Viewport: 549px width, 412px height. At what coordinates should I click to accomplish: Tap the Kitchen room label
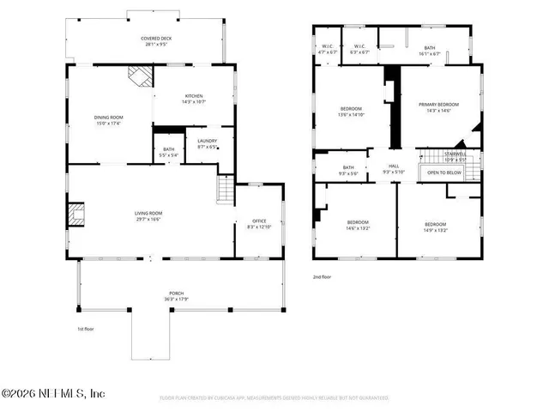[x=194, y=99]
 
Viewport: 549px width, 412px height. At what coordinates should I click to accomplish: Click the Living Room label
[x=148, y=216]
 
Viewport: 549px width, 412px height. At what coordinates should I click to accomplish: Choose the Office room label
[x=259, y=223]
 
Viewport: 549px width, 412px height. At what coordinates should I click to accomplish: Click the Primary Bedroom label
[x=438, y=107]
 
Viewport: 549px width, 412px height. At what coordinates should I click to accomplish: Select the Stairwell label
[x=443, y=157]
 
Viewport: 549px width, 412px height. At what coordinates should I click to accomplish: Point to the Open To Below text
[x=444, y=173]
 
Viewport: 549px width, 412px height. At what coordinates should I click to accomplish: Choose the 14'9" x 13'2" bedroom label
[x=436, y=227]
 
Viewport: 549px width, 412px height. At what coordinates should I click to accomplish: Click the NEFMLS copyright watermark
[x=53, y=393]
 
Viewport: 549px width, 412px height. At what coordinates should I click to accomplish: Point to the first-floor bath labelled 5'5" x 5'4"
[x=168, y=152]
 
